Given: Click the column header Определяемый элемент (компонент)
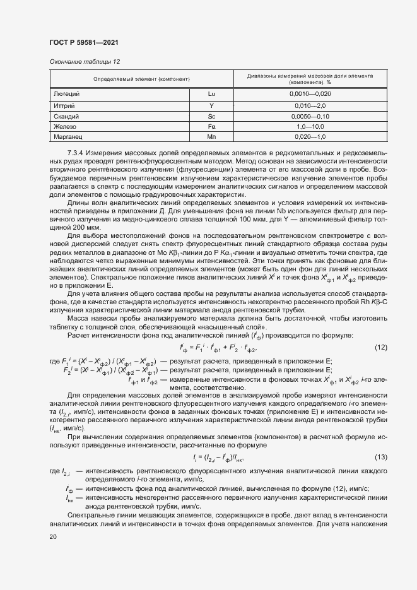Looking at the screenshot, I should click(142, 79).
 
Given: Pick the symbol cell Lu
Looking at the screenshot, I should click(211, 93).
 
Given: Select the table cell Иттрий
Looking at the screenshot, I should click(66, 105).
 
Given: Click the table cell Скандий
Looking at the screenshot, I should click(67, 116).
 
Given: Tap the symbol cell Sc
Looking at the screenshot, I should click(211, 116).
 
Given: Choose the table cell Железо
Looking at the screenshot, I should click(66, 126).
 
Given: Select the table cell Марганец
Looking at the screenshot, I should click(69, 136).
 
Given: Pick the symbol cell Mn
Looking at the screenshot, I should click(211, 136).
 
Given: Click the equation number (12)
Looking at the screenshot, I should click(380, 348).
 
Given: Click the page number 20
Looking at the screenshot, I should click(53, 536).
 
